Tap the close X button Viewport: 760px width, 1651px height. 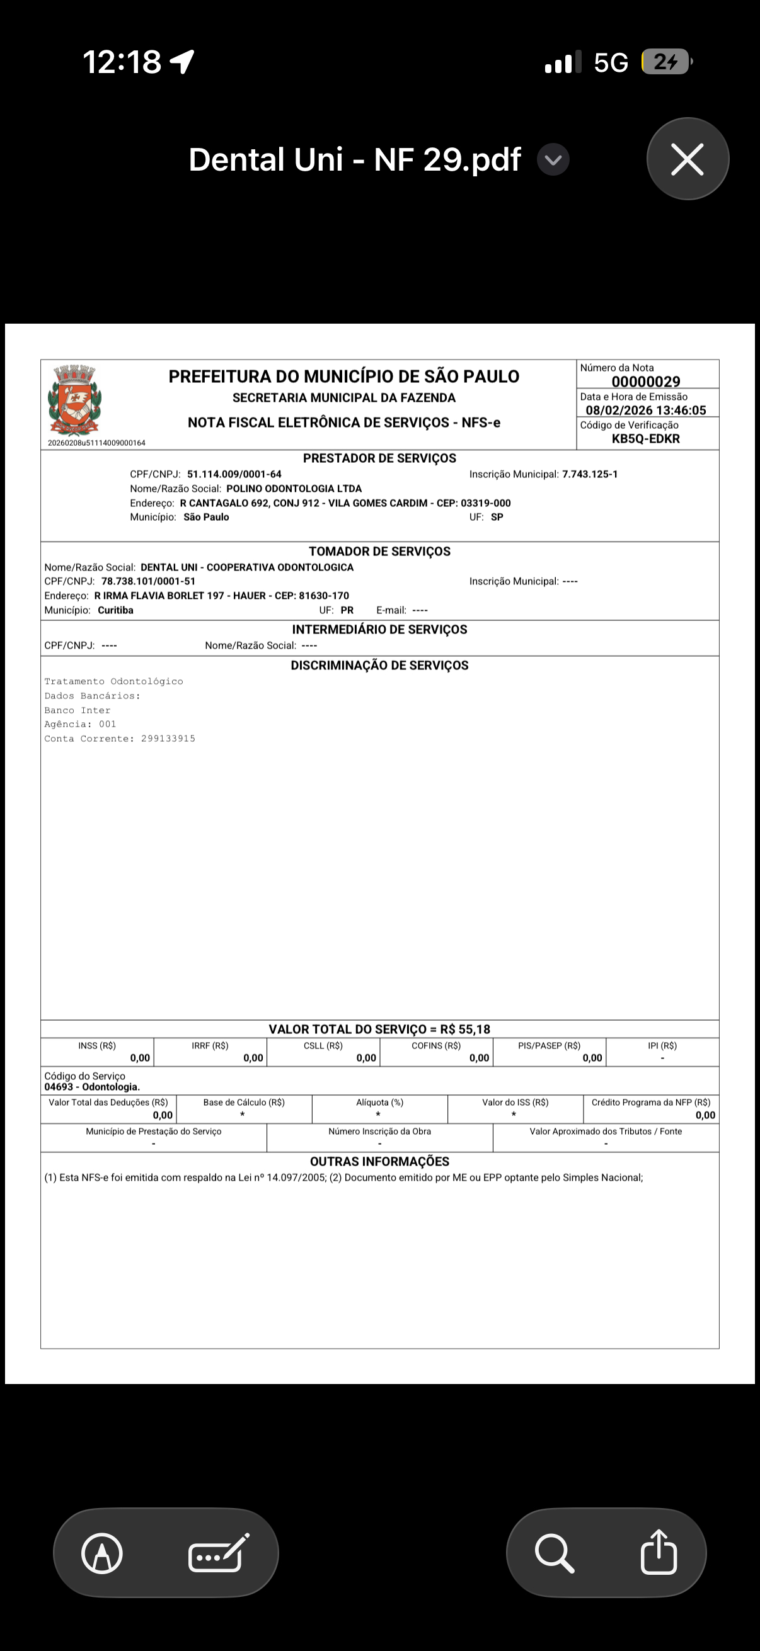pos(687,159)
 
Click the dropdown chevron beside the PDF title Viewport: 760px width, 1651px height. pos(553,159)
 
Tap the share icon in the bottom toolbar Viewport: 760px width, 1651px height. pos(659,1552)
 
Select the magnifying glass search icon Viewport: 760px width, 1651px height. pos(554,1552)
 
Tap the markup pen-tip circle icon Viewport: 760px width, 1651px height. pos(102,1553)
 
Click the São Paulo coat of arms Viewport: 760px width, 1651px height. pos(74,400)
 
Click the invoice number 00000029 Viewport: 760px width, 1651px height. pos(646,382)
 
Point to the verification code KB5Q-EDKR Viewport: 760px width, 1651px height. pos(645,439)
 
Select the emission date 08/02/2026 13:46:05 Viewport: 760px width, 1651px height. pos(645,410)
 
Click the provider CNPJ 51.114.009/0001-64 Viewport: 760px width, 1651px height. pos(234,474)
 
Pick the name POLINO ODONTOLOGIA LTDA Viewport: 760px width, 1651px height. pos(294,489)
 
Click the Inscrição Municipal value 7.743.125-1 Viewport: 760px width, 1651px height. pos(589,474)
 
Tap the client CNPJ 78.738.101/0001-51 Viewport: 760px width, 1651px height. pos(148,581)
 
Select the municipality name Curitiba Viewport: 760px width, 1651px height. pos(115,610)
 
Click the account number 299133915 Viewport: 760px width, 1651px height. pos(168,739)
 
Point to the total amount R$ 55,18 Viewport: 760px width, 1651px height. pos(465,1030)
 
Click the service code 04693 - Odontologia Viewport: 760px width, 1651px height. pos(92,1087)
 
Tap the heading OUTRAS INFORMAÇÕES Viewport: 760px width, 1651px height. pos(379,1161)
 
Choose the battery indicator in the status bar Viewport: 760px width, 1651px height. pos(666,62)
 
